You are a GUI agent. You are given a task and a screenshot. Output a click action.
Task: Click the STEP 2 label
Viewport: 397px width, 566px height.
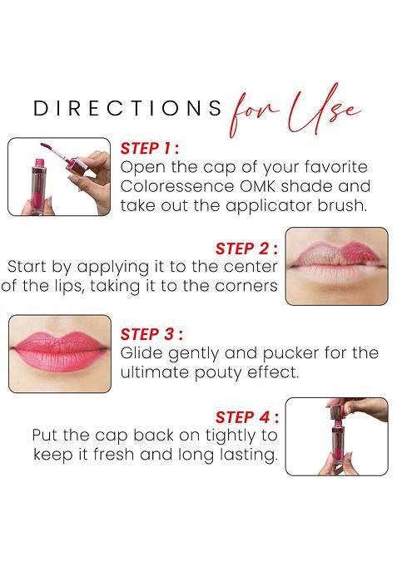246,248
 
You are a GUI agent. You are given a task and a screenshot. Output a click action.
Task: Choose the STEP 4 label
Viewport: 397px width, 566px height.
246,416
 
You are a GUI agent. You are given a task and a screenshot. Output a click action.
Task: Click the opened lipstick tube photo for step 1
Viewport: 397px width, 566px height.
59,176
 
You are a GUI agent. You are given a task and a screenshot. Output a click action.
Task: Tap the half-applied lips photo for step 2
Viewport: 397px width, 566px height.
336,266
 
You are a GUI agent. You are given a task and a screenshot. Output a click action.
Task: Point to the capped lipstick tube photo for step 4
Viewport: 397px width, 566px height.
336,436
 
